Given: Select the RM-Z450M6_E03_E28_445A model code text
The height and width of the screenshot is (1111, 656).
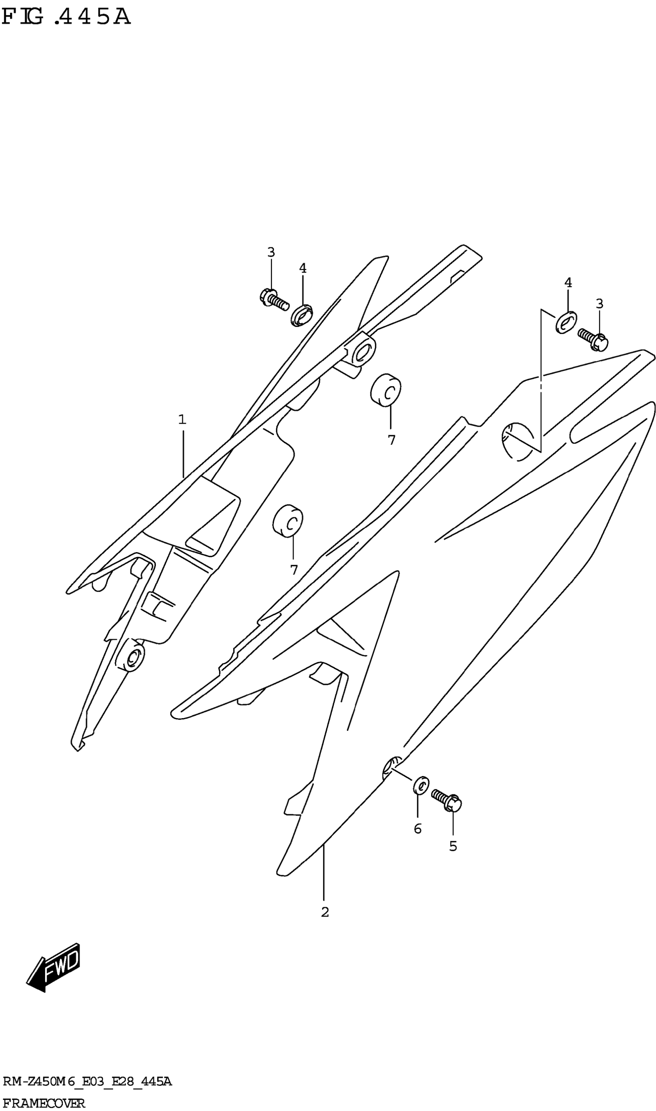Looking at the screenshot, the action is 87,1082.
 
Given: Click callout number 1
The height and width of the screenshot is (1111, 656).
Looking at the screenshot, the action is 182,419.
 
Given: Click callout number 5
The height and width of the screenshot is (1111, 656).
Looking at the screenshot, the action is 453,846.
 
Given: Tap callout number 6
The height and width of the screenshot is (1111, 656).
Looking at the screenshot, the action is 418,829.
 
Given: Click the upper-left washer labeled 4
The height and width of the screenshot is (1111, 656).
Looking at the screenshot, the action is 302,316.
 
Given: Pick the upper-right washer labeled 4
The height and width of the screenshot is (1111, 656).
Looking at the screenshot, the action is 566,322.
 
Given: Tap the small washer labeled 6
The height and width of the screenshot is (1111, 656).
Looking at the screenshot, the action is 421,785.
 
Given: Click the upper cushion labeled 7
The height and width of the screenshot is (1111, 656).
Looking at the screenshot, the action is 386,389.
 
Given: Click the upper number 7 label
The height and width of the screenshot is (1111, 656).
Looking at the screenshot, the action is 391,440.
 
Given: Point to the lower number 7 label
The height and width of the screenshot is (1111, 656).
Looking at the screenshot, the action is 294,570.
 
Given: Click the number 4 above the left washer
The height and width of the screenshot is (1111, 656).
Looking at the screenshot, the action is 303,268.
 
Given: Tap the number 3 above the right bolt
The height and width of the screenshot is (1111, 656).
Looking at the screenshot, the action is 599,304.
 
